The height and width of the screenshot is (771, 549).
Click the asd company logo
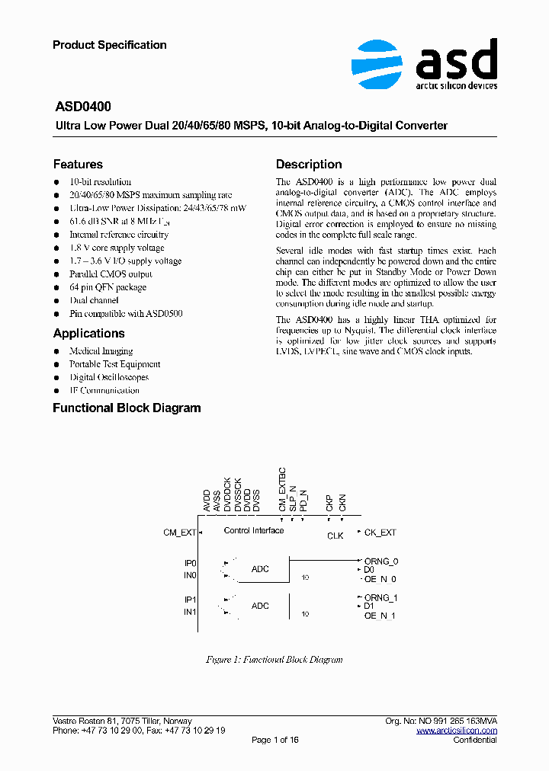[x=424, y=63]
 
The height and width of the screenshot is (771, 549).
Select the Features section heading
[x=78, y=165]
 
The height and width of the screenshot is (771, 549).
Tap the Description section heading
[x=309, y=165]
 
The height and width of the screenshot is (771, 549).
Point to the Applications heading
[x=88, y=334]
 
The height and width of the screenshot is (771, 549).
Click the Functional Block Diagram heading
[x=127, y=408]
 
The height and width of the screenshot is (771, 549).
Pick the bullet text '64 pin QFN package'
[x=108, y=287]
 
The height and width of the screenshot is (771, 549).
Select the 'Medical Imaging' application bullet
[x=101, y=351]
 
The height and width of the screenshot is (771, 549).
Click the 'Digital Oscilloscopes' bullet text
[x=109, y=377]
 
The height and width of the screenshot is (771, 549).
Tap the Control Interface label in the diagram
[x=254, y=530]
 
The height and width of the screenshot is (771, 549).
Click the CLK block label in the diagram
[x=335, y=536]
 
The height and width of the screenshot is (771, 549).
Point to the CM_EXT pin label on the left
[x=180, y=533]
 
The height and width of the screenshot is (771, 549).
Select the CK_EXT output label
[x=380, y=533]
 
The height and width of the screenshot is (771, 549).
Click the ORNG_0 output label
[x=381, y=561]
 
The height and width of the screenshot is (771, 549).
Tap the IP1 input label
[x=190, y=600]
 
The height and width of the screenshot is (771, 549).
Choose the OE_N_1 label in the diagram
[x=380, y=615]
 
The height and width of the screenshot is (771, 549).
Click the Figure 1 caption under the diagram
[x=274, y=660]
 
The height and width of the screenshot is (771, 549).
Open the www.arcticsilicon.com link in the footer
[x=457, y=731]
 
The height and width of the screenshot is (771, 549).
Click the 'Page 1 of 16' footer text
[x=274, y=740]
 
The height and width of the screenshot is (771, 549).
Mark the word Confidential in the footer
[x=475, y=740]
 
